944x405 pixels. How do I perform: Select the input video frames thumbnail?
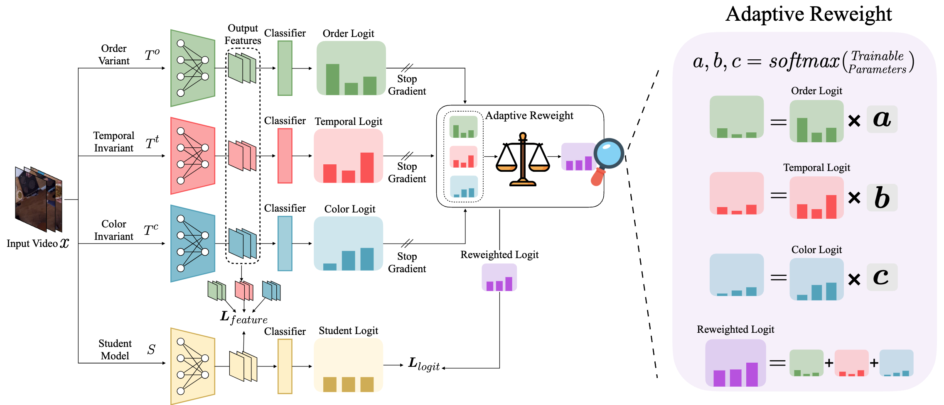(38, 199)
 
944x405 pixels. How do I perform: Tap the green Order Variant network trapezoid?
(192, 68)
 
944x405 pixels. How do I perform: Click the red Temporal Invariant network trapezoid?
(192, 156)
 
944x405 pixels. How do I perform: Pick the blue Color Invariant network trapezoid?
(192, 244)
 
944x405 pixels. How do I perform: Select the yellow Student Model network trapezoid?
(192, 366)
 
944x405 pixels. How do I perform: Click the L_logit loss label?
(423, 364)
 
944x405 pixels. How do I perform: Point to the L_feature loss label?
(243, 318)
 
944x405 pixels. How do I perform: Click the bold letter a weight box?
(882, 120)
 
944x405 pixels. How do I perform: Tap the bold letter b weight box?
(882, 198)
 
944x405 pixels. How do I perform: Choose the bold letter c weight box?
(882, 277)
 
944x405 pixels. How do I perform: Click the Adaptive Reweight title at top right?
(808, 14)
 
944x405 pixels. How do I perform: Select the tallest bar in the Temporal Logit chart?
(367, 167)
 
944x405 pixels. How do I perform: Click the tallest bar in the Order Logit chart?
(332, 79)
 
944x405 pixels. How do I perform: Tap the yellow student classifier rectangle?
(285, 366)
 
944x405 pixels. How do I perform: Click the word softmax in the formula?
(804, 61)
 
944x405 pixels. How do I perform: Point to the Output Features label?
(243, 34)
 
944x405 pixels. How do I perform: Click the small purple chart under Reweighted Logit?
(499, 278)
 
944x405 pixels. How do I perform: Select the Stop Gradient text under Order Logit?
(407, 85)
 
